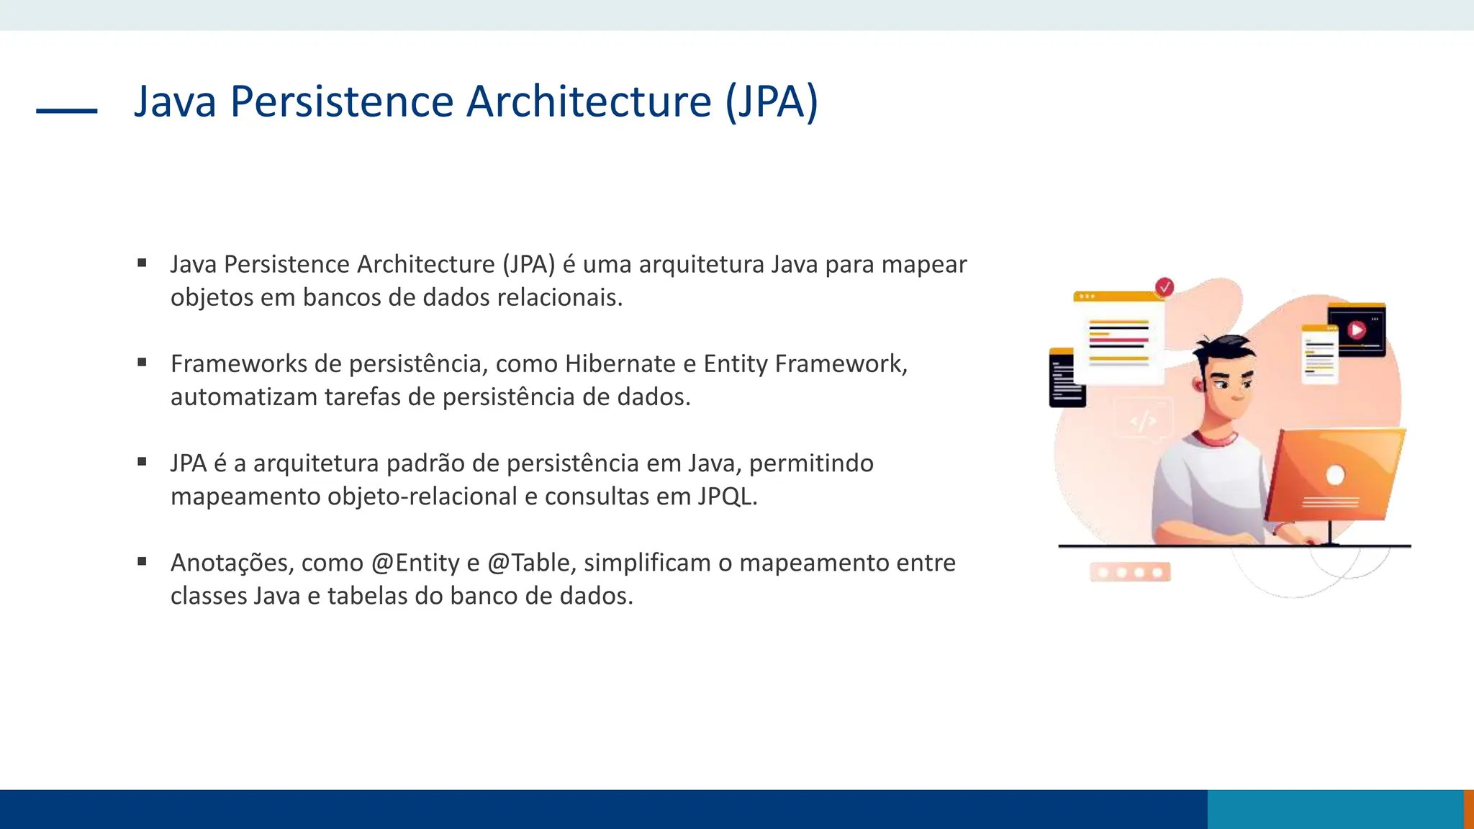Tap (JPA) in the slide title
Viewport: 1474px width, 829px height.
pos(771,101)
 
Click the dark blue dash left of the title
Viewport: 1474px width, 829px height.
pos(66,111)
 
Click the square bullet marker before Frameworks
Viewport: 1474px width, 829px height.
pos(142,363)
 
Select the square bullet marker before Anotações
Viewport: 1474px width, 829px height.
pos(142,561)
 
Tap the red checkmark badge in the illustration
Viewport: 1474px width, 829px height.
pos(1164,287)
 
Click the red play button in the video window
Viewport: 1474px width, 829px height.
pos(1357,330)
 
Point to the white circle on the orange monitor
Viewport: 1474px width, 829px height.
pos(1335,475)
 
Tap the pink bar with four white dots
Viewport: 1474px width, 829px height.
pos(1130,572)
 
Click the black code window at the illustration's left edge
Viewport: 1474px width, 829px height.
pos(1066,379)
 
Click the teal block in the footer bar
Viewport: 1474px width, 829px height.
pos(1335,809)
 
